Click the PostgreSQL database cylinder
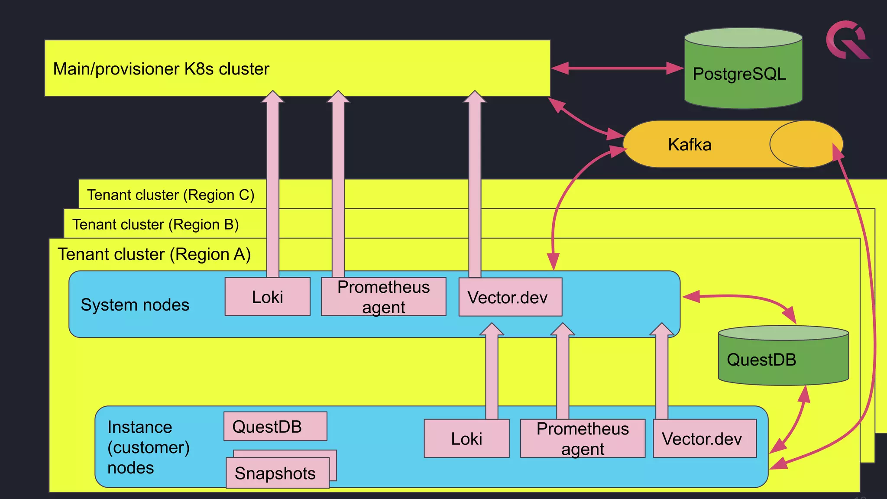[743, 74]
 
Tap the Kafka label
[690, 145]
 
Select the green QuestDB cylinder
[783, 360]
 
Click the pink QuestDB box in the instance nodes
[275, 427]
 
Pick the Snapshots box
[277, 473]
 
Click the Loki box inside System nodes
[267, 297]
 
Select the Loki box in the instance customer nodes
[466, 438]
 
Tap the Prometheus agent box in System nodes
[383, 297]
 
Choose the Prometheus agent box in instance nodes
[583, 438]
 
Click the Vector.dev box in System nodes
[510, 298]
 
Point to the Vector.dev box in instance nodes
[704, 438]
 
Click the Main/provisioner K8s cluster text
[161, 69]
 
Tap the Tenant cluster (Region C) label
[171, 195]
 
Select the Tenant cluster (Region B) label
[155, 224]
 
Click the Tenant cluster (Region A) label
[154, 254]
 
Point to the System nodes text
[135, 305]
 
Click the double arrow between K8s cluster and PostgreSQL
[617, 68]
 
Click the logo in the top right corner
[847, 40]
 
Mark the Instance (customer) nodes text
[148, 447]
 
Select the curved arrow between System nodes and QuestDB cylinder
[745, 298]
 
